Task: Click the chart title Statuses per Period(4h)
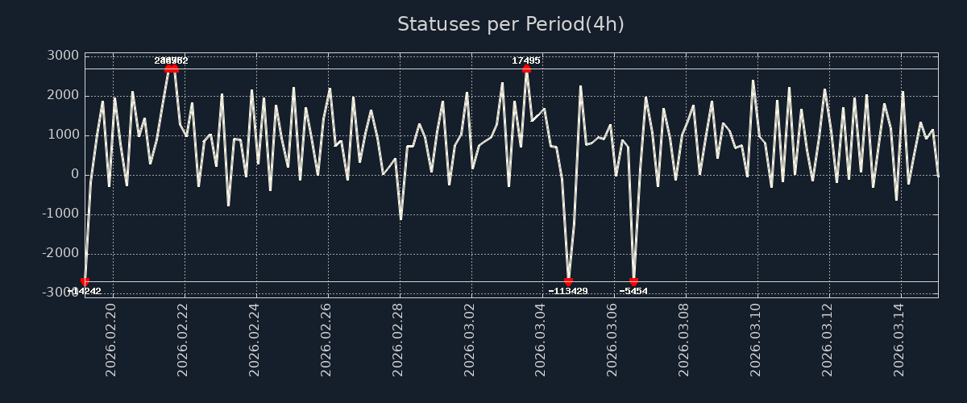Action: [x=510, y=24]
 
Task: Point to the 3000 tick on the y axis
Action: [x=62, y=56]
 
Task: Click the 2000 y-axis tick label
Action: [x=62, y=95]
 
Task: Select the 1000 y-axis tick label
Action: [x=62, y=135]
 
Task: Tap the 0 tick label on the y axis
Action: [x=73, y=174]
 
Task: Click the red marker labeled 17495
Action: [x=526, y=69]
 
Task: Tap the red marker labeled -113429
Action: [x=568, y=281]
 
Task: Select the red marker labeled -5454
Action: [x=633, y=281]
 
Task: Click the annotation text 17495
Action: [x=526, y=60]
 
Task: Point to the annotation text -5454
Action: [x=633, y=291]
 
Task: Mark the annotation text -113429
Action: [x=568, y=291]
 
